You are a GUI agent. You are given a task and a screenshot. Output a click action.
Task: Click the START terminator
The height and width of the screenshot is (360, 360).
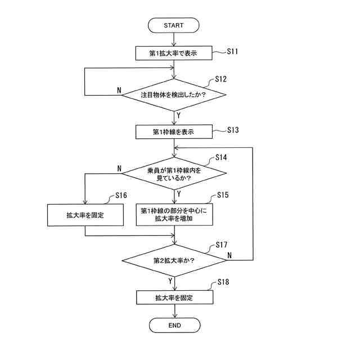174,25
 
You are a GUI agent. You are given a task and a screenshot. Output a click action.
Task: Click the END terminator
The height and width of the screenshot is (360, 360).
174,325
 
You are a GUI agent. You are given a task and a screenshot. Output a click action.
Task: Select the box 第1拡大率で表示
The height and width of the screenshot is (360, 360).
174,53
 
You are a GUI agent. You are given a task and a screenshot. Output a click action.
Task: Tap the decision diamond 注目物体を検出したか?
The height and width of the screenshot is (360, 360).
174,94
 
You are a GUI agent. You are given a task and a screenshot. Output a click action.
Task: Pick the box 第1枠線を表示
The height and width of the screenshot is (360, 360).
174,132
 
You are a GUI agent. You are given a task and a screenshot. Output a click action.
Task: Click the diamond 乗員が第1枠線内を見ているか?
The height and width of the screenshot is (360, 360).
174,173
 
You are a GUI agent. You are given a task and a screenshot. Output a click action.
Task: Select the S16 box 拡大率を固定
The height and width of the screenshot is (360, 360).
85,215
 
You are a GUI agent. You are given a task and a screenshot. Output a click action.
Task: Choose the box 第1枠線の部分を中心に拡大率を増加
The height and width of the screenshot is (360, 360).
174,215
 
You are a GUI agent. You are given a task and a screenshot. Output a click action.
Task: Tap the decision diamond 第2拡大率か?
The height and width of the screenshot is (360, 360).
174,260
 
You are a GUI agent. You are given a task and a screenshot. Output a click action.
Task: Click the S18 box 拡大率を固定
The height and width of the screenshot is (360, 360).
174,297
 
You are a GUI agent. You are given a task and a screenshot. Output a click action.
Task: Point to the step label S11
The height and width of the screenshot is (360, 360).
233,51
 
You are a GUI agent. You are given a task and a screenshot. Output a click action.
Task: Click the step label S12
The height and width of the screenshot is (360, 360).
221,79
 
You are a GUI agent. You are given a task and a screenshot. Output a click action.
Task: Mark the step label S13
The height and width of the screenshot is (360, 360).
233,130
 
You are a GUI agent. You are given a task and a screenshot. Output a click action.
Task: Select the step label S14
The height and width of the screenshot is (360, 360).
221,157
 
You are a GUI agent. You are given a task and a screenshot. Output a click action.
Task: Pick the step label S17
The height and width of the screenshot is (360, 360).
221,245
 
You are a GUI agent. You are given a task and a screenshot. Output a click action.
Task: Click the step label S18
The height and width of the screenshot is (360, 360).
223,283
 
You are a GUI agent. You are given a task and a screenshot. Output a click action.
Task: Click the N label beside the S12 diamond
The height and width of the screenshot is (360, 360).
119,90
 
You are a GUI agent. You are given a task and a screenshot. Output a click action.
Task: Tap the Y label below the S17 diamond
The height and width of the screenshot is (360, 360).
170,280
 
